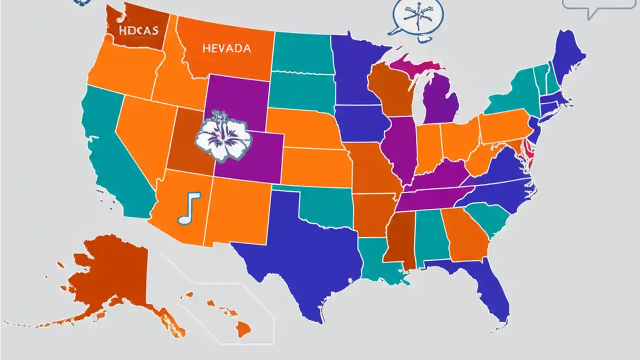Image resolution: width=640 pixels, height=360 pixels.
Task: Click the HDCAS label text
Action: (x=138, y=30)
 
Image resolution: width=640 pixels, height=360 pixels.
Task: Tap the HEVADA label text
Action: (x=226, y=48)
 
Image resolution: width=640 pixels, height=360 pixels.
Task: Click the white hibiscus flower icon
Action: (x=222, y=136)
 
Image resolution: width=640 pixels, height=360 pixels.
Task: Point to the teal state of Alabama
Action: (x=430, y=235)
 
